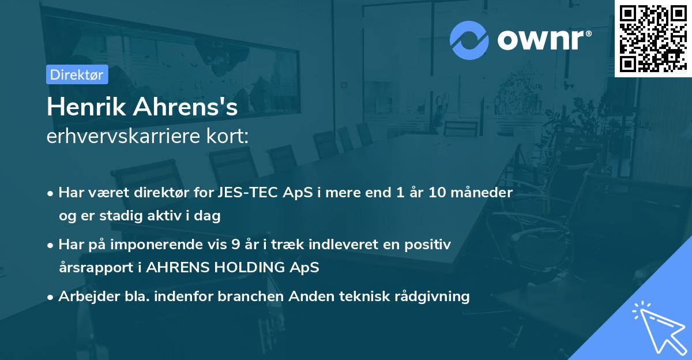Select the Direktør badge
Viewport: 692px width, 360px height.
point(77,74)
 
